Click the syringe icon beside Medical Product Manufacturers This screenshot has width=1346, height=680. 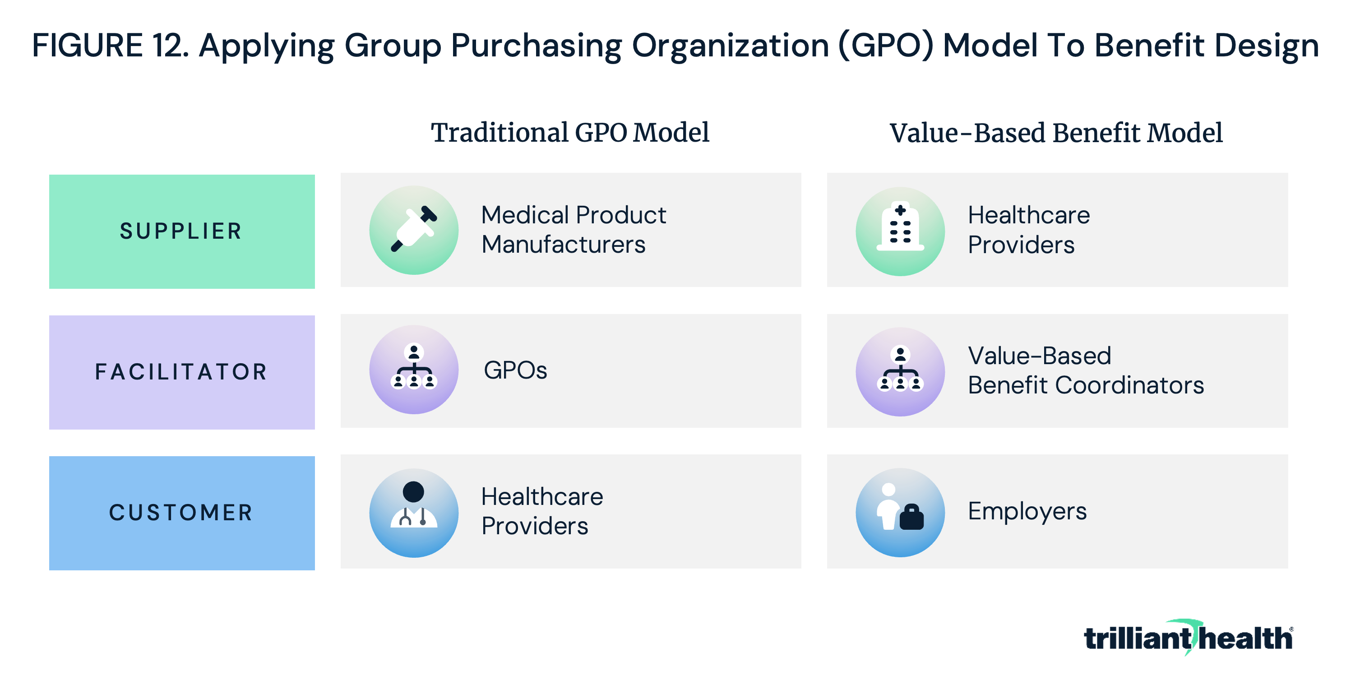(x=414, y=230)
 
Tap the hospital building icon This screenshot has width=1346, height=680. (x=900, y=231)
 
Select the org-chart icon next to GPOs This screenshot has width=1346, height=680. (x=414, y=370)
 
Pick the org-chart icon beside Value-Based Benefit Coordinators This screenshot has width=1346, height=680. (x=900, y=372)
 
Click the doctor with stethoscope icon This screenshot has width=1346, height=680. (x=414, y=513)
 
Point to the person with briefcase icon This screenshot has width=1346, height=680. (x=900, y=513)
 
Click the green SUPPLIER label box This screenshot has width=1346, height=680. (x=182, y=231)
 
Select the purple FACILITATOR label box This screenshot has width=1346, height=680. (x=182, y=372)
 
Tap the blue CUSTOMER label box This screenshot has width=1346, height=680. (x=182, y=513)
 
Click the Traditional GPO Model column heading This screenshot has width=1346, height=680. (x=570, y=133)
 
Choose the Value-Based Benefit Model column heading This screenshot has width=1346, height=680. (x=1056, y=133)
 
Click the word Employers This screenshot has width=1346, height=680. (x=1027, y=512)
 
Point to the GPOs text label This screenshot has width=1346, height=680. (x=515, y=370)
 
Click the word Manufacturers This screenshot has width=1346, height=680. (x=563, y=245)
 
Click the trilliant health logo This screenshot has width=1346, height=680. (x=1188, y=637)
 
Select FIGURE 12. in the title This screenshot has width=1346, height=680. (x=110, y=46)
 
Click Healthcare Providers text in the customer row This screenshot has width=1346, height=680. (x=542, y=511)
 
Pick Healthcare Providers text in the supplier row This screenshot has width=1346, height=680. (x=1029, y=230)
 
